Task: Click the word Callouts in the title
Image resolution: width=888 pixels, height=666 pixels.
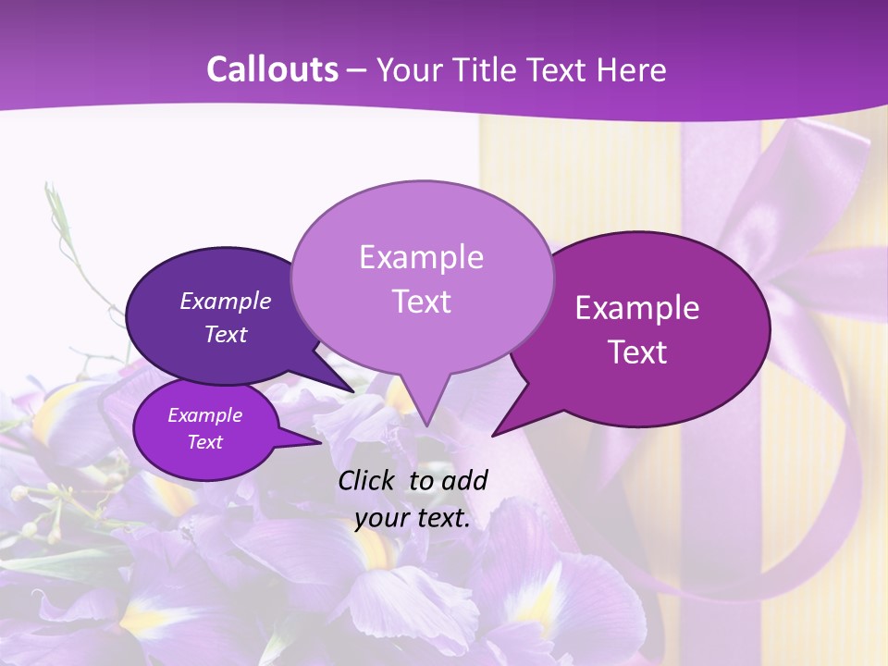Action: click(x=272, y=69)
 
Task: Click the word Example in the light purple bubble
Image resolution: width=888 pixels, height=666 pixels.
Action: click(x=421, y=257)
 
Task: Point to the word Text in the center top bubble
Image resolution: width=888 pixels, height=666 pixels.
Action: click(x=421, y=302)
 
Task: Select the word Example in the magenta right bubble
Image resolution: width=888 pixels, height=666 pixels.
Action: click(x=637, y=308)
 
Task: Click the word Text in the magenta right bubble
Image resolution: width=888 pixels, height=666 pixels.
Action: click(x=637, y=352)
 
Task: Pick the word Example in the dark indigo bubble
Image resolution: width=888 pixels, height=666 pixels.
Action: click(x=226, y=301)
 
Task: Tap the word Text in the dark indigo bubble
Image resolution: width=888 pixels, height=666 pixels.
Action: click(x=226, y=334)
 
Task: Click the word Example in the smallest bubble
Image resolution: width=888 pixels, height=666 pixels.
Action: click(x=205, y=415)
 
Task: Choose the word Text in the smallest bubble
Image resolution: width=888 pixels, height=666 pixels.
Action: click(x=205, y=442)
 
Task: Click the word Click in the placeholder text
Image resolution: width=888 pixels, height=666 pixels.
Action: click(x=368, y=480)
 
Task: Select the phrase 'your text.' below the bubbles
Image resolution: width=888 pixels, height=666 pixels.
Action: click(x=413, y=518)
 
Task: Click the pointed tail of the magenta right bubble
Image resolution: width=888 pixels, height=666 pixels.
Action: click(x=493, y=435)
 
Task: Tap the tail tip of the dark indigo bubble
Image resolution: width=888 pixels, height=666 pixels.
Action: click(x=354, y=392)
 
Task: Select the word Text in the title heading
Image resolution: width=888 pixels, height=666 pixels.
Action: click(x=558, y=69)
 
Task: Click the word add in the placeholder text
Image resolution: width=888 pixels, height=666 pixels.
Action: click(x=465, y=480)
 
